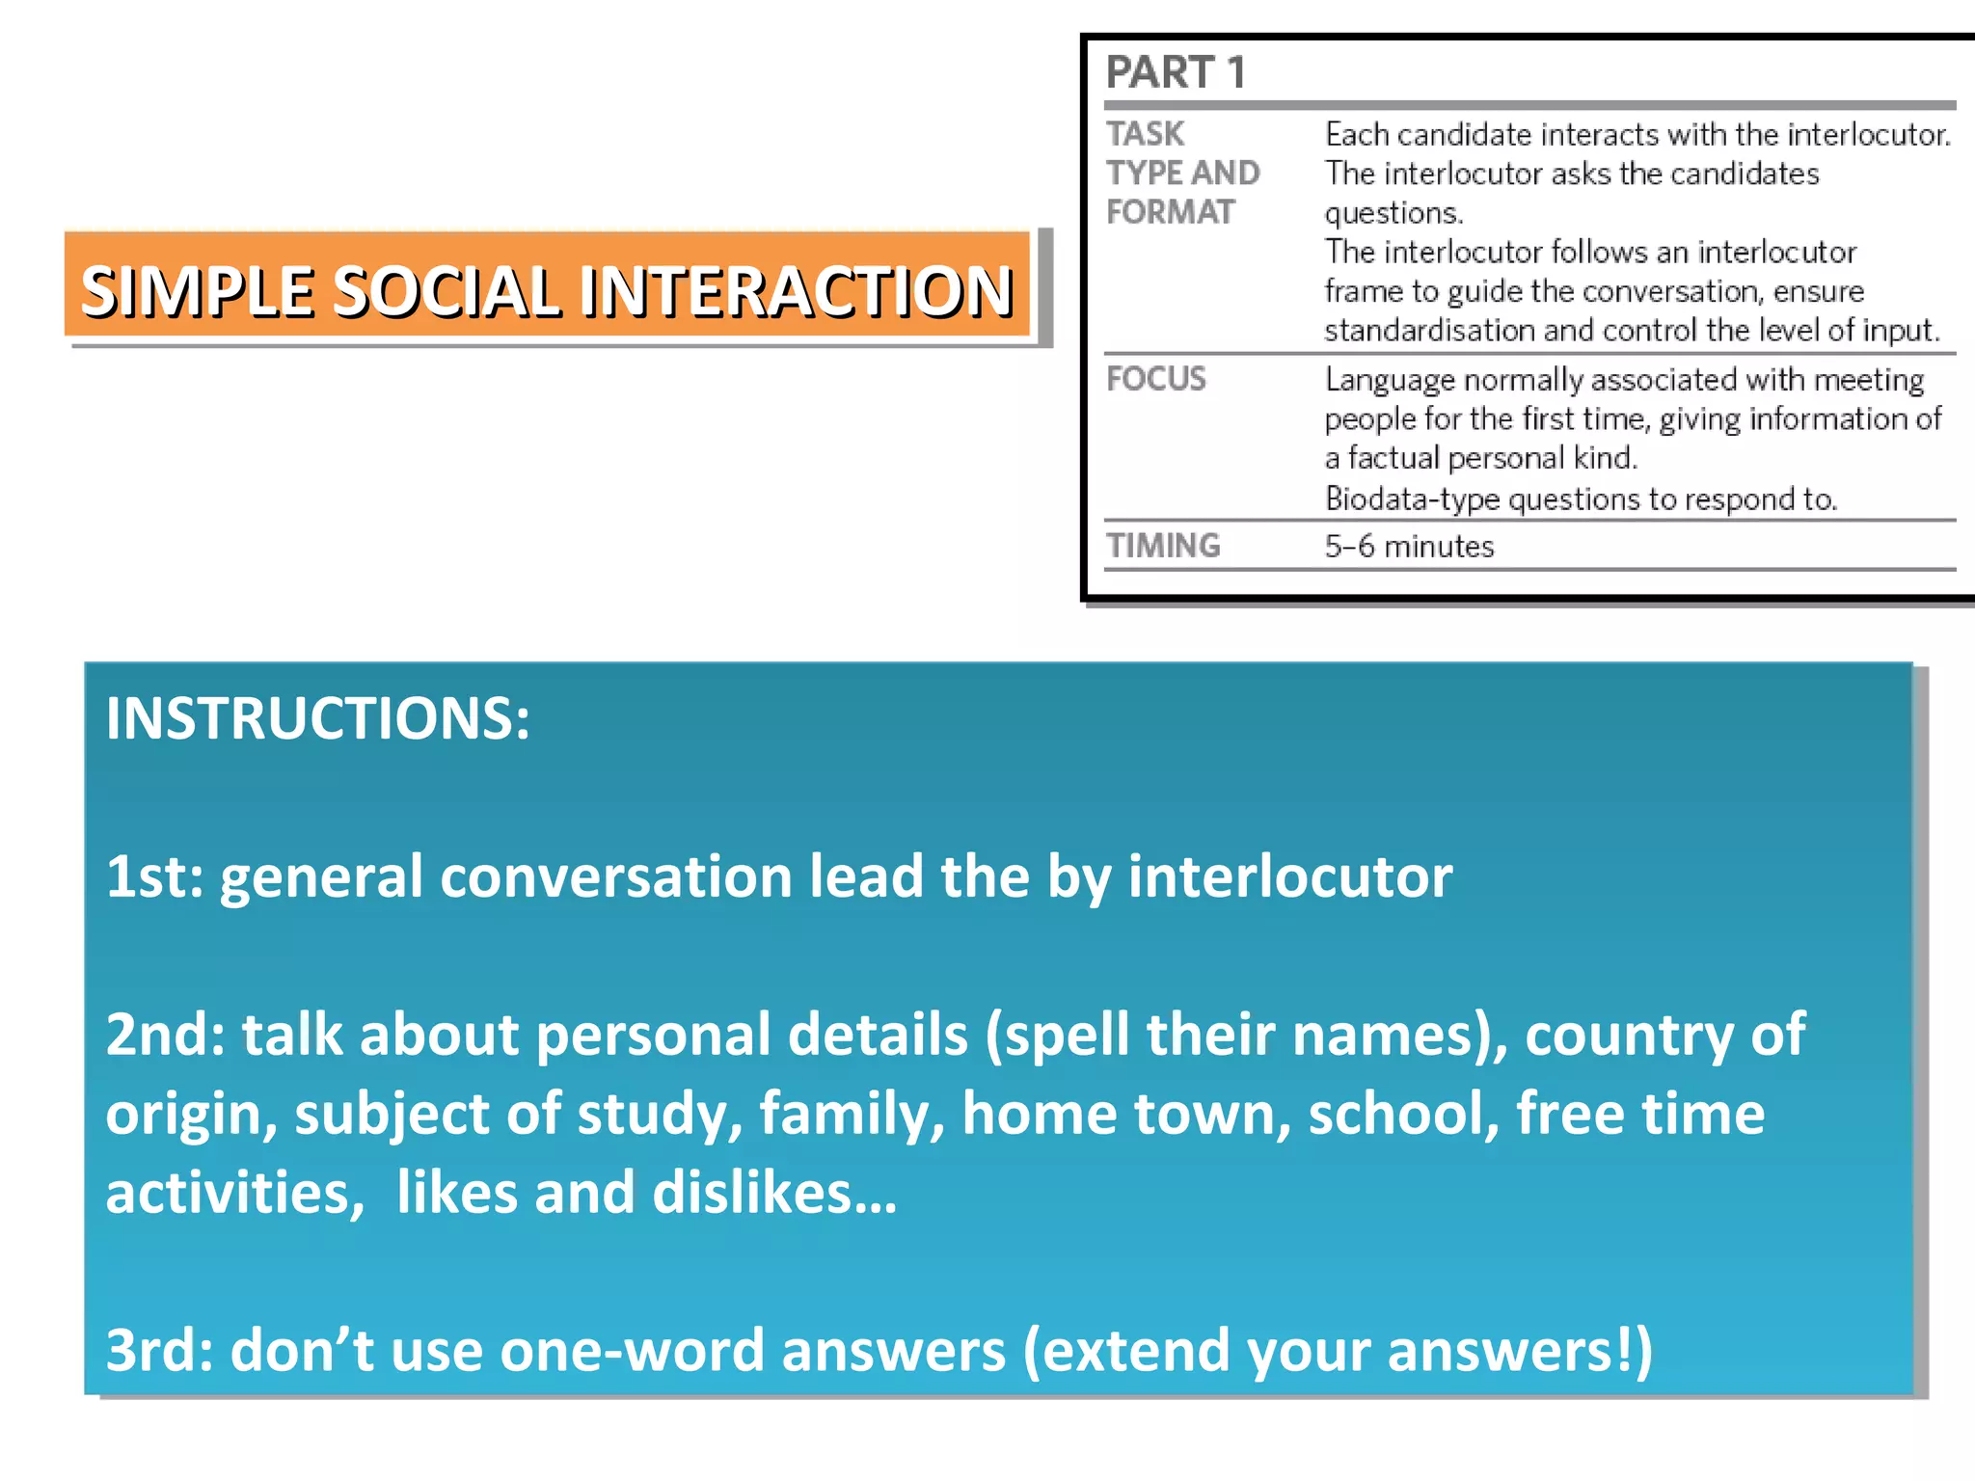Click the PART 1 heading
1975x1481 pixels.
[x=1176, y=72]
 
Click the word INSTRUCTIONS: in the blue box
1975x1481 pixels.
[x=317, y=718]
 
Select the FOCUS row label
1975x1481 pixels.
[x=1155, y=379]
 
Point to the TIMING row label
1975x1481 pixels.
[x=1162, y=546]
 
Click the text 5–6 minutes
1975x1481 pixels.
[x=1409, y=547]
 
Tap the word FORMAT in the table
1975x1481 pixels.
[x=1170, y=212]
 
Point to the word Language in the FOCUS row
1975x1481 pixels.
[x=1389, y=380]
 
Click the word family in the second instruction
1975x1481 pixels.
[x=852, y=1114]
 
